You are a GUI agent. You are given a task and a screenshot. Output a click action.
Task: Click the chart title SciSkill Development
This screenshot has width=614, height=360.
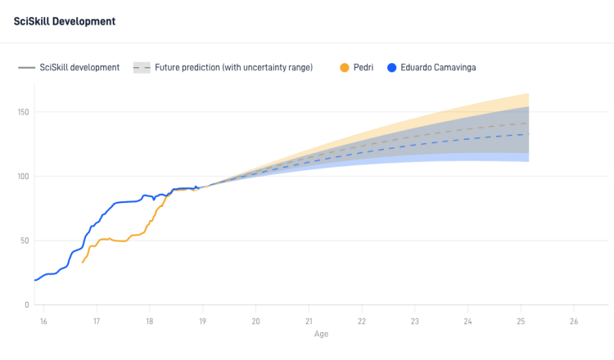(x=65, y=21)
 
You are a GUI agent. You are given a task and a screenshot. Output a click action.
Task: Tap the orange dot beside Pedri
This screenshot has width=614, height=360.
(x=344, y=68)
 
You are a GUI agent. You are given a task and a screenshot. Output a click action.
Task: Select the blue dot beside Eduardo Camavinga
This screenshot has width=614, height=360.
(x=391, y=68)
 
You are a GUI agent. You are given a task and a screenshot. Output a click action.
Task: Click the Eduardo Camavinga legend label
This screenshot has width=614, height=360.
(x=438, y=67)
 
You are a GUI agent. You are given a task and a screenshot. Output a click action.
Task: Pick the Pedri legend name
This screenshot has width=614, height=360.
(x=363, y=67)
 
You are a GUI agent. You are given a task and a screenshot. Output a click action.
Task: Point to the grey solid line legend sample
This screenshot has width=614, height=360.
(x=27, y=68)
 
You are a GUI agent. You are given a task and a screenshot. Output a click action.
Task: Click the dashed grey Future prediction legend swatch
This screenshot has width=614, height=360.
(x=142, y=68)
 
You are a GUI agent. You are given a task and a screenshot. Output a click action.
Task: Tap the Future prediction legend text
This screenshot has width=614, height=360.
(x=234, y=67)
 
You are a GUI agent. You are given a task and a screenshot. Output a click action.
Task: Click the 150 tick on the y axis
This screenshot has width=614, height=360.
(x=23, y=112)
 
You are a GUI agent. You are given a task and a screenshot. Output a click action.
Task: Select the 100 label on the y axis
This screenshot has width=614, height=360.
(x=23, y=177)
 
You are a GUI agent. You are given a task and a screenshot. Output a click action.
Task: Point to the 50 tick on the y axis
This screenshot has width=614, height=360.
(x=25, y=241)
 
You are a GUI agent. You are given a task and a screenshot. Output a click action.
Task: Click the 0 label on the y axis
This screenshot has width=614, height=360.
(x=27, y=305)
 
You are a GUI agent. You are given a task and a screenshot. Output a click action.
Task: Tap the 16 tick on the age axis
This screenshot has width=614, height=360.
(x=43, y=322)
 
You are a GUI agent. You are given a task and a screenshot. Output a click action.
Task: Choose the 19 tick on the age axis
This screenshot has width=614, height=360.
(x=202, y=322)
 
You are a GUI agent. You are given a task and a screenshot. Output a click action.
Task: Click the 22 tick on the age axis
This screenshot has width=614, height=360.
(x=361, y=322)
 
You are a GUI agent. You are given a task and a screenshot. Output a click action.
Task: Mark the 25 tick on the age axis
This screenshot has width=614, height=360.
(x=521, y=322)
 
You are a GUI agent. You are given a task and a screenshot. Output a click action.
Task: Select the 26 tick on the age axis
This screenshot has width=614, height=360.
(x=574, y=322)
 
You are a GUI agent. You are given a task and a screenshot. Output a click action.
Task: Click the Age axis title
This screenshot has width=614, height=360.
(x=321, y=334)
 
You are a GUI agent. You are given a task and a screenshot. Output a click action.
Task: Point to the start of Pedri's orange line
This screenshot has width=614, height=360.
(x=82, y=263)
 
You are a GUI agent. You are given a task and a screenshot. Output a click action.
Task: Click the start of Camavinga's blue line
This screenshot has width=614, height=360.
(x=35, y=280)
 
